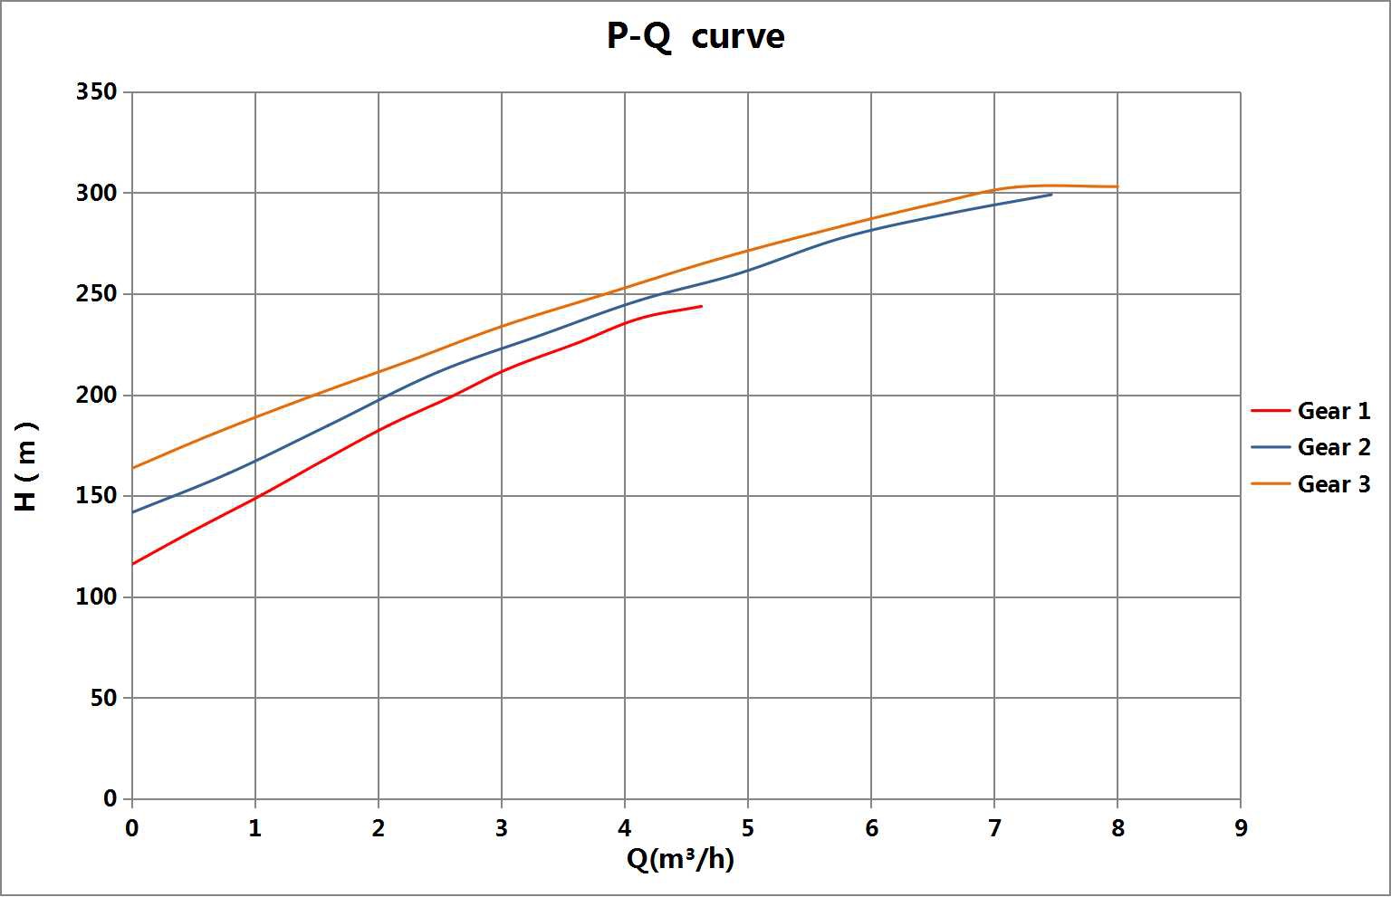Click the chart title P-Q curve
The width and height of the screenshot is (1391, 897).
pyautogui.click(x=695, y=37)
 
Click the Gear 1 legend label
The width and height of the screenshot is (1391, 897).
pyautogui.click(x=1333, y=411)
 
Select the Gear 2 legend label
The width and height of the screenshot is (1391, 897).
pyautogui.click(x=1333, y=447)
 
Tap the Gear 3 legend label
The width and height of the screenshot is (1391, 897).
pyautogui.click(x=1333, y=484)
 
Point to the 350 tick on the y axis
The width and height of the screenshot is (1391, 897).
pyautogui.click(x=97, y=92)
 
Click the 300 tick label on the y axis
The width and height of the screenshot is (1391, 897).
pyautogui.click(x=97, y=193)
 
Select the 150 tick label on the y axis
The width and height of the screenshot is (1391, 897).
pyautogui.click(x=97, y=496)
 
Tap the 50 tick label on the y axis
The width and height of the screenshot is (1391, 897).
pyautogui.click(x=104, y=698)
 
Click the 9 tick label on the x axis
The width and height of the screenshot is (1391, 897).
pyautogui.click(x=1240, y=828)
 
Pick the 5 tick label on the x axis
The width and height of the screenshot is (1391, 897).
pyautogui.click(x=747, y=828)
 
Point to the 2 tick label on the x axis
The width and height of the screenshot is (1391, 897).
pyautogui.click(x=379, y=828)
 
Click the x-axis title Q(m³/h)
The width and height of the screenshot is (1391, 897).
pyautogui.click(x=680, y=859)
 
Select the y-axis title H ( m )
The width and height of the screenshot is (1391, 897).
pyautogui.click(x=27, y=465)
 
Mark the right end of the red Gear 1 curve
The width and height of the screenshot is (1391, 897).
pyautogui.click(x=702, y=306)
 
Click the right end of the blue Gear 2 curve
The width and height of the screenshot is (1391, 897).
pyautogui.click(x=1051, y=194)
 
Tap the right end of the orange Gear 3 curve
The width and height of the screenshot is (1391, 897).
pyautogui.click(x=1118, y=186)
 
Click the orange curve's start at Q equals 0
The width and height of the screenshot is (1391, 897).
pyautogui.click(x=133, y=468)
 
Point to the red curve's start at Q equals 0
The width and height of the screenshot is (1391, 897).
pyautogui.click(x=133, y=564)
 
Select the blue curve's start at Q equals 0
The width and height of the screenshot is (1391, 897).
pyautogui.click(x=133, y=512)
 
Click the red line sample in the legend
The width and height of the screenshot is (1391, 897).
pyautogui.click(x=1270, y=411)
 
